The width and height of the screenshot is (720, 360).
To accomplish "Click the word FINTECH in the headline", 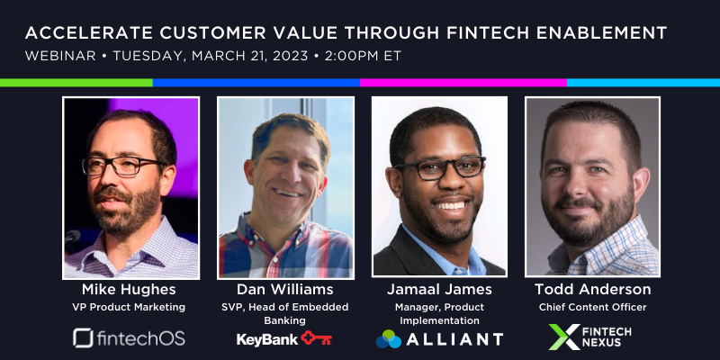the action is pos(490,33).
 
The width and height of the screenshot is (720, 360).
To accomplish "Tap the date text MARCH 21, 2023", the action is pos(250,56).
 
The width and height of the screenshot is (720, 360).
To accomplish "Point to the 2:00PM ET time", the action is pos(363,56).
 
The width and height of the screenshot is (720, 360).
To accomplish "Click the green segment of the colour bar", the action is pos(76,83).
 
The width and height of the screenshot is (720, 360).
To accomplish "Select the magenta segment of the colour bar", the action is pos(463,83).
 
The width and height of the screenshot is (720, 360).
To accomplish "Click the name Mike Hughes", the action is pos(129,290).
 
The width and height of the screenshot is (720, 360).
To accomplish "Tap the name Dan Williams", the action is pos(285,290).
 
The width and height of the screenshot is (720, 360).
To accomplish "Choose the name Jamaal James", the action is pos(439,290).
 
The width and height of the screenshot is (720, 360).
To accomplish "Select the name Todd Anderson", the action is pos(593,290).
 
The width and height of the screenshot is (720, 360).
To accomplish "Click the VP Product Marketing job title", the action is pos(129,307).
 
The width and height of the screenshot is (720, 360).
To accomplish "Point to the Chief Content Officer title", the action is pos(593,307).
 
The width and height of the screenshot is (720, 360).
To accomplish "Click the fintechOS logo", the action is pos(129,338).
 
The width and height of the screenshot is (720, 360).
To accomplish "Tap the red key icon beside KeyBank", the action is pos(317,338).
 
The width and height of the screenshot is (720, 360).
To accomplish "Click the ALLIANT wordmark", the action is pos(454,340).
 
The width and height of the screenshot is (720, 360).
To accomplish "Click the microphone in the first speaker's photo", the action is pos(73,237).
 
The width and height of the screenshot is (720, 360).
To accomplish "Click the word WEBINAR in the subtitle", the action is pos(60,56).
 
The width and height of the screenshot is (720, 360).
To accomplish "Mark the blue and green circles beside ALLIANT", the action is pos(389,339).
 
